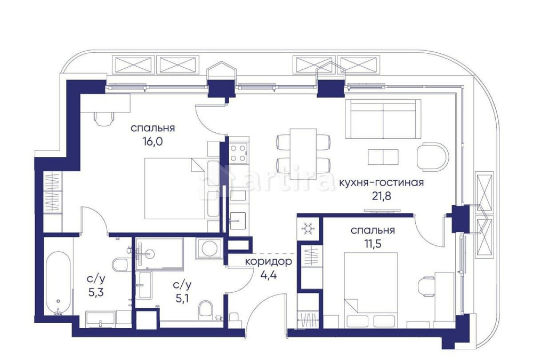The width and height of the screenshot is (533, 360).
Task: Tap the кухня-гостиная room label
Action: (x=381, y=183)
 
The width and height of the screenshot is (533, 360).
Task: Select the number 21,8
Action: (x=381, y=196)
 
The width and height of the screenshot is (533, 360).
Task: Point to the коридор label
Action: (x=268, y=262)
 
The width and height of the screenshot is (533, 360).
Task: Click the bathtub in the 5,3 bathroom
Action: (x=56, y=283)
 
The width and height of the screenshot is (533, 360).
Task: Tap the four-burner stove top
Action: (x=238, y=153)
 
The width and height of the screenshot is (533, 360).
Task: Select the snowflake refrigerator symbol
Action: (x=307, y=228)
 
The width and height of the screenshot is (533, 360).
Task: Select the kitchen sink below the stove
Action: (x=238, y=218)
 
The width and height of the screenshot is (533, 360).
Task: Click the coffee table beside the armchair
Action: (x=383, y=157)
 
